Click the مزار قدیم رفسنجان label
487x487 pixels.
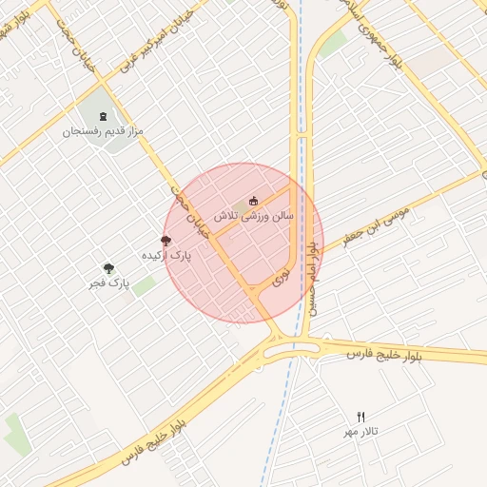tap(103, 131)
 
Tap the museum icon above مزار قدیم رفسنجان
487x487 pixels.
tap(104, 117)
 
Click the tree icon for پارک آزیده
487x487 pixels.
tap(166, 242)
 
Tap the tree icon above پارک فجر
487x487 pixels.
tap(108, 268)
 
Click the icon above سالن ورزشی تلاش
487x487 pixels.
tap(253, 201)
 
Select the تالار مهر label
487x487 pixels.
tap(360, 432)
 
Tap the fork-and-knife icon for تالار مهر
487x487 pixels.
tap(360, 417)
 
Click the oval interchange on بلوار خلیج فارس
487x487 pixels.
tap(292, 350)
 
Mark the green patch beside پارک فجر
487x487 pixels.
tap(144, 285)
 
